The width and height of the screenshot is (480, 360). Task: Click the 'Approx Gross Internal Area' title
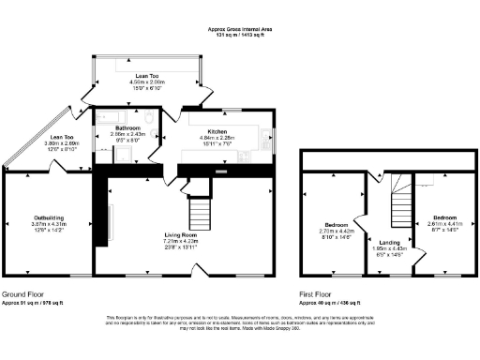point(240,29)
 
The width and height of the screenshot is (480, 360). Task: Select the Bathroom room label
point(127,127)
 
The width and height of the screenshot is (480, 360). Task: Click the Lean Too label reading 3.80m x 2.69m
point(61,138)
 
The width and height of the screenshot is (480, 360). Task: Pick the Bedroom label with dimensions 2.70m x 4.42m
point(337,225)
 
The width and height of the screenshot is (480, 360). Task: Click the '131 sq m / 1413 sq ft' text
point(240,35)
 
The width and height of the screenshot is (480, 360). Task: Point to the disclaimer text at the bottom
point(240,322)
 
